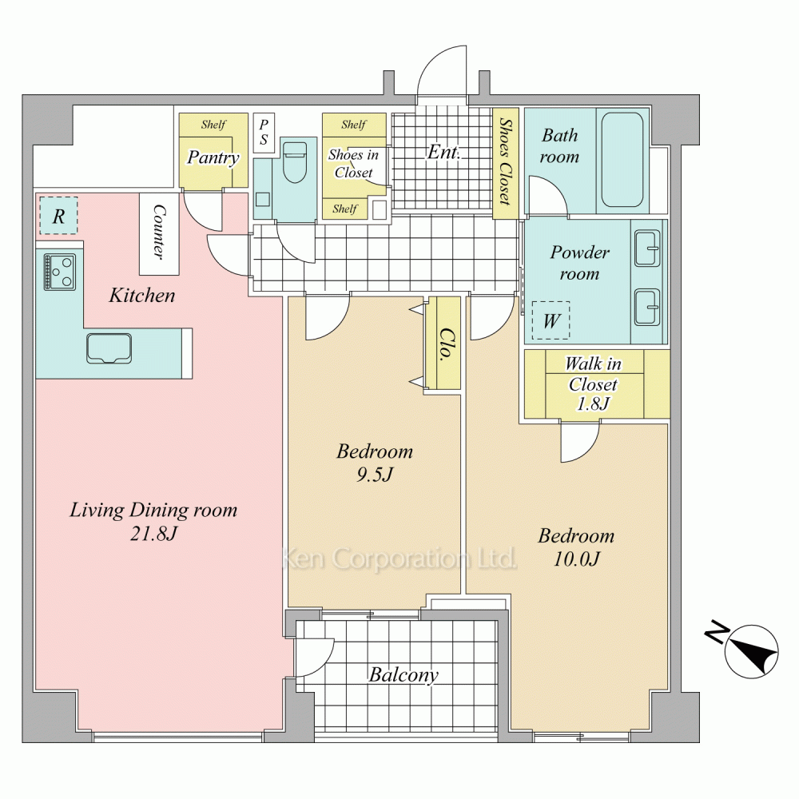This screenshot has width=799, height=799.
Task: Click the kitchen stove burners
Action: (60, 272)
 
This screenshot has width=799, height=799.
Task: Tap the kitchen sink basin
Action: (109, 348)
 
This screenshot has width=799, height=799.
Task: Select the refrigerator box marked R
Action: (58, 216)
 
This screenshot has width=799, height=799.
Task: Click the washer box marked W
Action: (551, 320)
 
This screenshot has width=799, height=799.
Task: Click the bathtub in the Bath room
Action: (622, 160)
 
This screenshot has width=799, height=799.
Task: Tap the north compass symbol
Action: (746, 649)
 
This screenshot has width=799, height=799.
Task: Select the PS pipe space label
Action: (264, 133)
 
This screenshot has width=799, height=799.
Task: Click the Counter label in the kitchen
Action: (159, 233)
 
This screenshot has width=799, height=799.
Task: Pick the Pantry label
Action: (213, 157)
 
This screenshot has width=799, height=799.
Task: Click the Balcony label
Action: (403, 674)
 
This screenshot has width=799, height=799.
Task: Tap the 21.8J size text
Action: (153, 534)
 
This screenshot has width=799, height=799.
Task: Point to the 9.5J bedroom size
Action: (375, 475)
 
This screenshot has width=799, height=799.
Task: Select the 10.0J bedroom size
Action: (576, 559)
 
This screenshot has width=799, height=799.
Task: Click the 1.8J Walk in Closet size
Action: (593, 403)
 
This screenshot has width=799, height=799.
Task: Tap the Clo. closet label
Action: (447, 344)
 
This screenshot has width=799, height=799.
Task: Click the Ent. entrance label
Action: (443, 151)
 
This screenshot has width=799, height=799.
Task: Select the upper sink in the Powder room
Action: (647, 248)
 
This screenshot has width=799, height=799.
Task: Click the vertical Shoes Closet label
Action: (504, 161)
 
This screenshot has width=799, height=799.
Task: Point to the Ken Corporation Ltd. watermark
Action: (399, 559)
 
